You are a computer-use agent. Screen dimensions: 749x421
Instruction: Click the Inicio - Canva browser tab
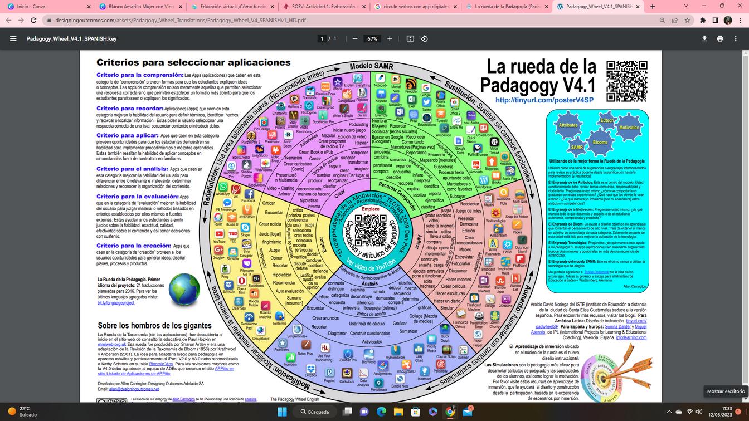tap(45, 7)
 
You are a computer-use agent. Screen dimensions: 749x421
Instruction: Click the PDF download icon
tap(704, 38)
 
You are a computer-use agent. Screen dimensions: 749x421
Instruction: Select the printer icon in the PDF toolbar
tap(720, 38)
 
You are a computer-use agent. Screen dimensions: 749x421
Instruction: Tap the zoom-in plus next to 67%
tap(390, 38)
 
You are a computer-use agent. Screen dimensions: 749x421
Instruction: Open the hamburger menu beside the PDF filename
tap(13, 38)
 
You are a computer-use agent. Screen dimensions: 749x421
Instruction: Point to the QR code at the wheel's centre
tap(371, 229)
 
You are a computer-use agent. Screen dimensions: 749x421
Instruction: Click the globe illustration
tap(184, 288)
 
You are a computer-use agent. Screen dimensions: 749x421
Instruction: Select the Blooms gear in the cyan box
tap(600, 142)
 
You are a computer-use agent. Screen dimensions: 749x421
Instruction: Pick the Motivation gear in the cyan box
tap(629, 128)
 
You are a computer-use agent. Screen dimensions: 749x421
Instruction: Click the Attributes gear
tap(568, 126)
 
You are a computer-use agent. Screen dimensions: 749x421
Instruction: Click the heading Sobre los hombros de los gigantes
tap(154, 326)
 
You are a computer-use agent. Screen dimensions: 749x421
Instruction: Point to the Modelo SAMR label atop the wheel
tap(371, 66)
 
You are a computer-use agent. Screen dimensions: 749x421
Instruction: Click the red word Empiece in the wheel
tap(371, 209)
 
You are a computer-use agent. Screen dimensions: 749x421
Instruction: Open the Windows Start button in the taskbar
tap(283, 412)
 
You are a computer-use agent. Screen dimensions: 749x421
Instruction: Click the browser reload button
tap(33, 20)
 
